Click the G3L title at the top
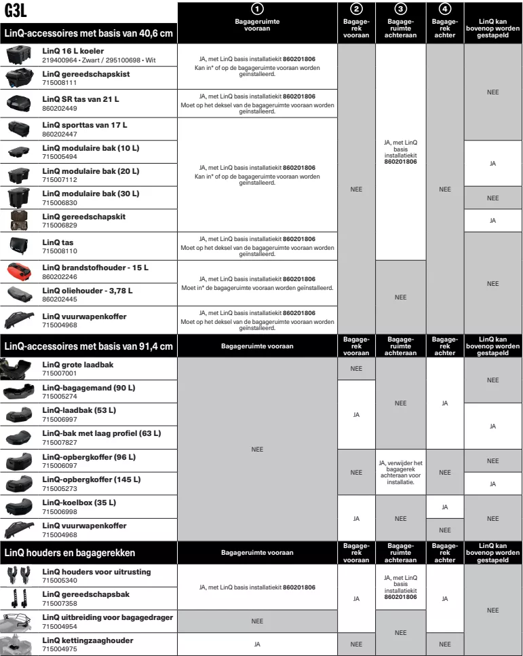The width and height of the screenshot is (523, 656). click(x=15, y=11)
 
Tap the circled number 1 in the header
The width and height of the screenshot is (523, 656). click(x=257, y=9)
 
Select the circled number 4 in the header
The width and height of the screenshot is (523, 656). click(x=444, y=9)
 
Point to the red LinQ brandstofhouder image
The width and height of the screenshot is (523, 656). click(x=21, y=272)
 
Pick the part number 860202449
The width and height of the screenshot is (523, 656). click(x=59, y=108)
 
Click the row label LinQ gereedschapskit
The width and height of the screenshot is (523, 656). click(x=83, y=217)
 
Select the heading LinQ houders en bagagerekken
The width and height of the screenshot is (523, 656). click(x=70, y=553)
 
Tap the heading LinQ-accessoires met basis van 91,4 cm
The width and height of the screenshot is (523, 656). click(x=88, y=346)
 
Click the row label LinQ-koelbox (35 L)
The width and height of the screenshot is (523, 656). click(x=79, y=503)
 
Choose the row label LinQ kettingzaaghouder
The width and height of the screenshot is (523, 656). click(x=88, y=640)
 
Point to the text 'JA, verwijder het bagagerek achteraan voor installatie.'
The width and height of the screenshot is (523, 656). click(x=400, y=472)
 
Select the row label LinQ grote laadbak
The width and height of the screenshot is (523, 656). click(x=77, y=365)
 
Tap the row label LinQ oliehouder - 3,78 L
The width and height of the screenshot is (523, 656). click(x=88, y=291)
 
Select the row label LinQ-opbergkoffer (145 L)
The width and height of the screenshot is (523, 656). click(x=91, y=479)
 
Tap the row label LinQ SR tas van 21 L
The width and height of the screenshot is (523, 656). click(x=80, y=99)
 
